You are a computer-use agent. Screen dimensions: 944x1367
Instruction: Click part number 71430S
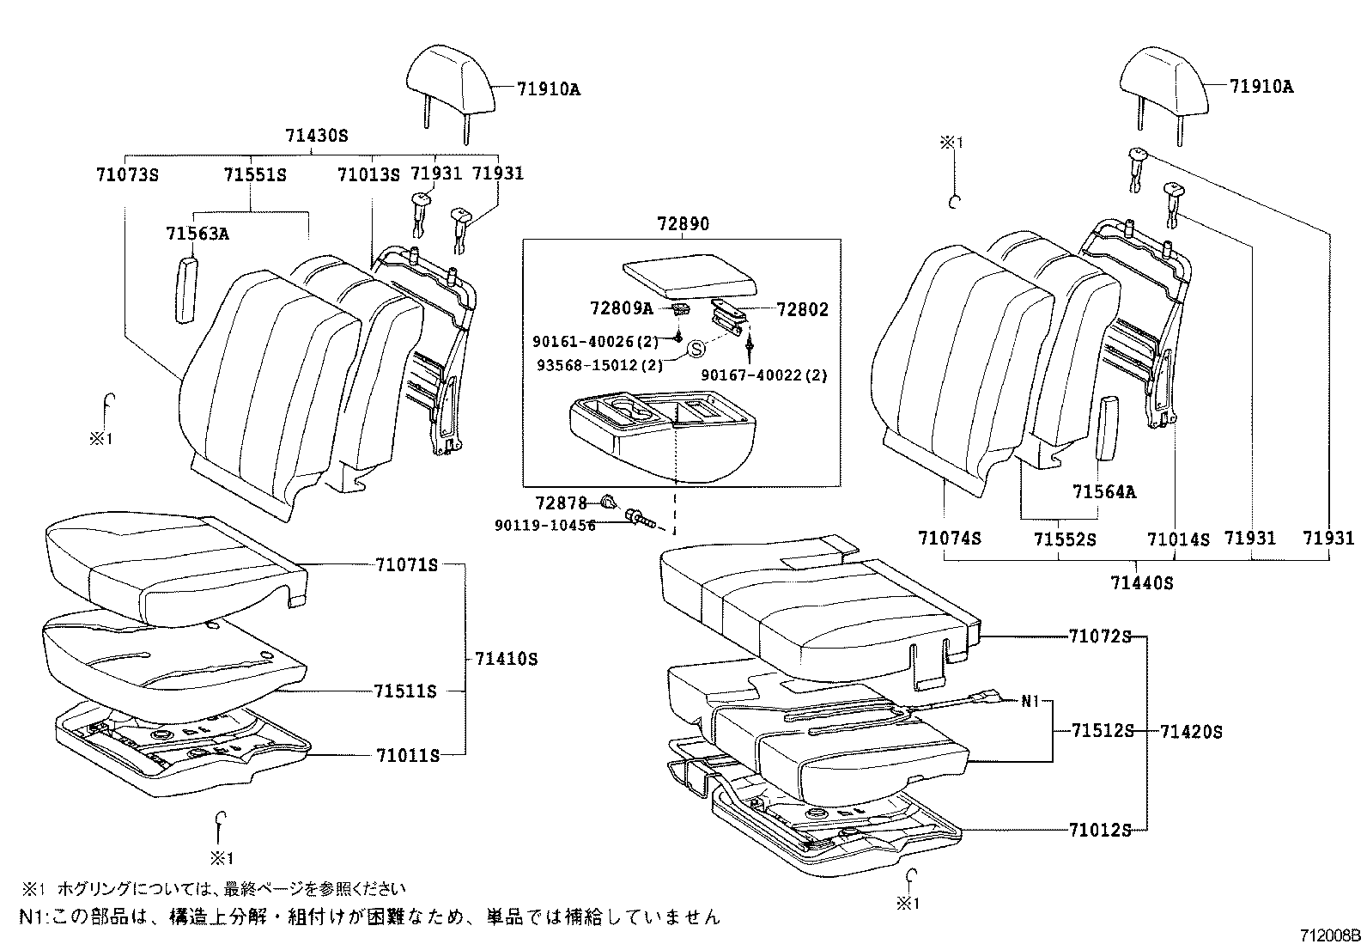(316, 137)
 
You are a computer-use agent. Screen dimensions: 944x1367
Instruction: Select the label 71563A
(197, 234)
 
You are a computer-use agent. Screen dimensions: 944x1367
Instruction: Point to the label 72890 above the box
(683, 224)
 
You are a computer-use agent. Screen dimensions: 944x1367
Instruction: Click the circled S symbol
(696, 348)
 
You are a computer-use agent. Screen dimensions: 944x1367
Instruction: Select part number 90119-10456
(544, 526)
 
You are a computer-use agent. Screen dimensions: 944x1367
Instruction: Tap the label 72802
(803, 310)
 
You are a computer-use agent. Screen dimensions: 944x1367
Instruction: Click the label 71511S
(405, 691)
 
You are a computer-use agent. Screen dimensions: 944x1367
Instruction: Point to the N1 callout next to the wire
(1030, 700)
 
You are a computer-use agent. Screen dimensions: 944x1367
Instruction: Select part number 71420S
(1190, 732)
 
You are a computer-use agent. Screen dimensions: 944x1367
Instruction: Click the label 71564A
(1103, 492)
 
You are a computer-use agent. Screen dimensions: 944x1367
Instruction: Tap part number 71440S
(1141, 583)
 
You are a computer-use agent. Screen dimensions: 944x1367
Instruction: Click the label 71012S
(1100, 829)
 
